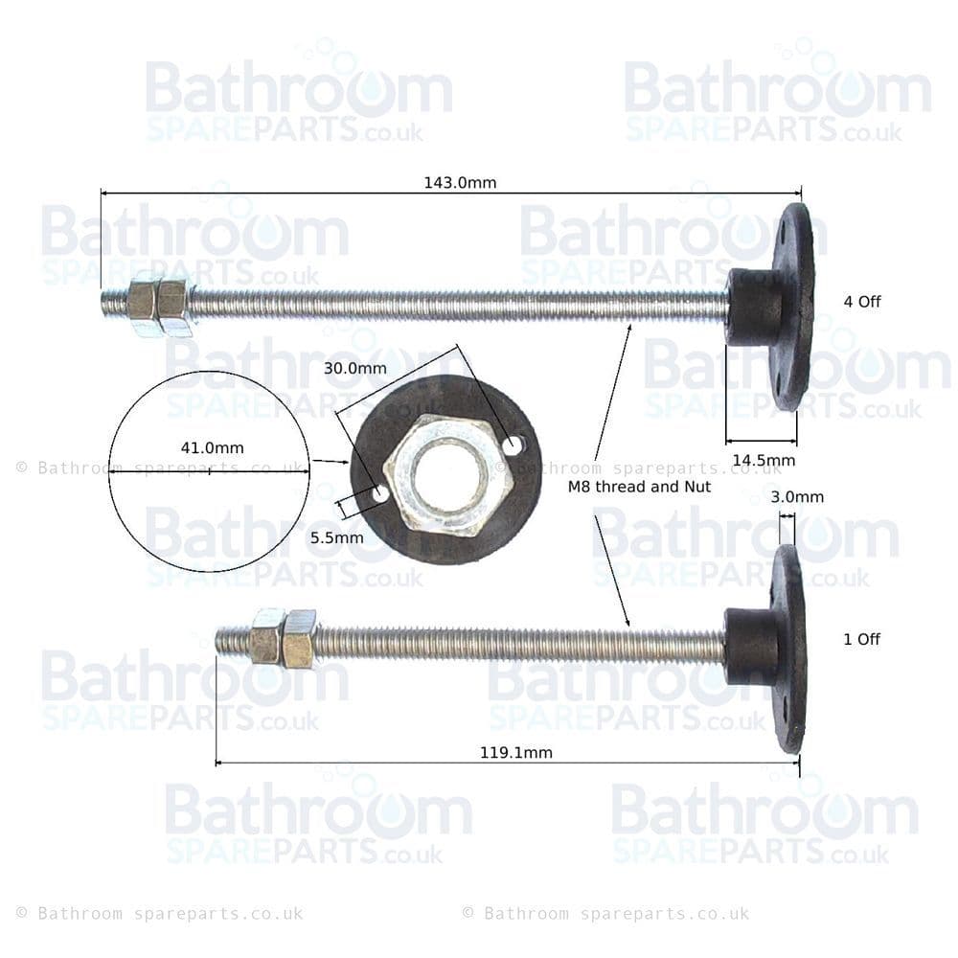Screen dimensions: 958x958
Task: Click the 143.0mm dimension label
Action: point(460,183)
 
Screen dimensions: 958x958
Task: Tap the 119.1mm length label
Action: point(516,753)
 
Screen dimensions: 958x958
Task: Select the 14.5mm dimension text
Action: point(764,460)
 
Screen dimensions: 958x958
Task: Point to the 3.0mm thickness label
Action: point(797,496)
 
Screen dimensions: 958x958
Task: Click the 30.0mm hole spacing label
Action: point(355,369)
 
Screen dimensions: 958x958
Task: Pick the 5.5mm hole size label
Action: point(336,537)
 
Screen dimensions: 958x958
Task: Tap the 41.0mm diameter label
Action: point(212,447)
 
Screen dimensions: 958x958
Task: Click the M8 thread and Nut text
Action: point(640,487)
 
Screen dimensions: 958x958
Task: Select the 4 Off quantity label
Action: point(862,302)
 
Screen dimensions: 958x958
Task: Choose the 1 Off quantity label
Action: point(862,640)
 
